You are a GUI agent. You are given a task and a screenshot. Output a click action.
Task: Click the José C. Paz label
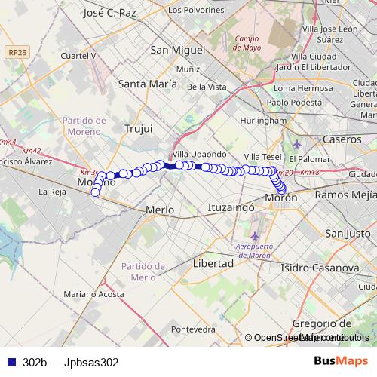point(110,13)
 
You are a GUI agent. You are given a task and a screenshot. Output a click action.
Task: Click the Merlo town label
point(159,210)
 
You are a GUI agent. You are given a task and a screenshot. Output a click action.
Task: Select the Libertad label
point(213,264)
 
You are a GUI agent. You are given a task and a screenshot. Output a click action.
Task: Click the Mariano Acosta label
point(93,293)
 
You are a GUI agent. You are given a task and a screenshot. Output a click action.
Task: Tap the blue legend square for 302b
point(9,362)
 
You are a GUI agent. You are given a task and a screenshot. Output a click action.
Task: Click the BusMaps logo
point(342,362)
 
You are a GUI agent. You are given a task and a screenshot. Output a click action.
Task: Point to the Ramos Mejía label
point(345,195)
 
